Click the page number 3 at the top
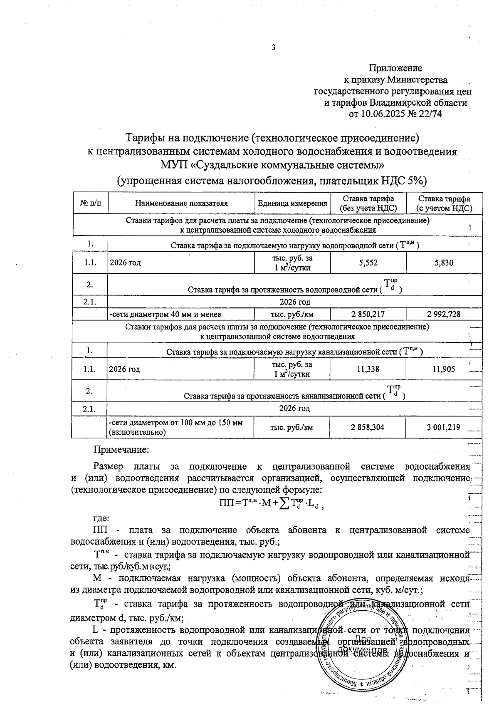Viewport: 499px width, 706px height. click(273, 47)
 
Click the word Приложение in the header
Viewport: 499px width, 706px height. click(395, 68)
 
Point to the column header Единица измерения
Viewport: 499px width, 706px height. click(292, 203)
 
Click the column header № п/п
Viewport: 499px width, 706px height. click(90, 203)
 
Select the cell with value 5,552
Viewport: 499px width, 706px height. click(368, 263)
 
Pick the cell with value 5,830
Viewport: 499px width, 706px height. click(444, 263)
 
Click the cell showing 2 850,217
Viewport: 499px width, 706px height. click(368, 314)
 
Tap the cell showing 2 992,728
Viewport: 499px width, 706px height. click(444, 314)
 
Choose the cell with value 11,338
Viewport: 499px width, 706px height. click(368, 369)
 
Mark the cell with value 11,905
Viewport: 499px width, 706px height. click(444, 369)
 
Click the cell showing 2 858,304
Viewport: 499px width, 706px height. click(368, 427)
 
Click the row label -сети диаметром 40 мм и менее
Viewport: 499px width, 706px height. click(165, 314)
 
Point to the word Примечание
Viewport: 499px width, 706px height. click(121, 450)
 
